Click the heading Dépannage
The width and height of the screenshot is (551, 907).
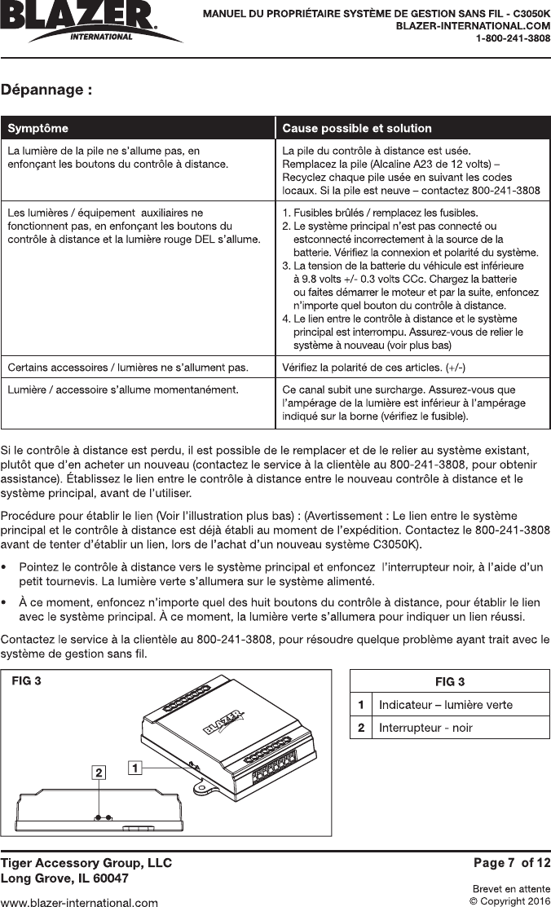click(46, 90)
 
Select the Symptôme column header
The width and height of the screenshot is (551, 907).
click(38, 128)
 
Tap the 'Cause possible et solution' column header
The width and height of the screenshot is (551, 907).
click(356, 128)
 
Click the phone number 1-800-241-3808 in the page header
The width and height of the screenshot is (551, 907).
click(514, 38)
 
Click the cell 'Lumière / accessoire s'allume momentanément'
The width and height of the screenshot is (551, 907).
click(122, 389)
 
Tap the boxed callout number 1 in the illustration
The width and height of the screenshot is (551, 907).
click(134, 767)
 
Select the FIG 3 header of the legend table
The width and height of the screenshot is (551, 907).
click(450, 681)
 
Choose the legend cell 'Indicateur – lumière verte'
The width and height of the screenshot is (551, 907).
click(446, 704)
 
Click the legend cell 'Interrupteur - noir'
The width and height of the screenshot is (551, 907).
click(425, 727)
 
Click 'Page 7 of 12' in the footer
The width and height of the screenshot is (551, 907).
click(512, 862)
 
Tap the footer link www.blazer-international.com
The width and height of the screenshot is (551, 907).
click(79, 902)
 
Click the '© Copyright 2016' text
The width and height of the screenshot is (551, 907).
click(510, 900)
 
